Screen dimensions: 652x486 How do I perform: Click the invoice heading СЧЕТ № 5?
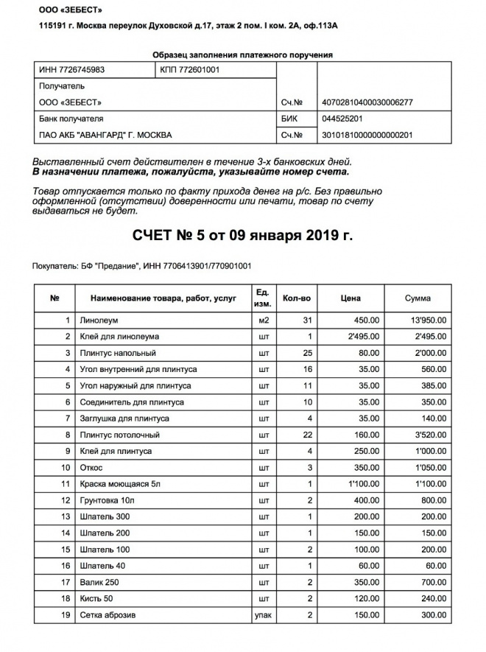point(242,236)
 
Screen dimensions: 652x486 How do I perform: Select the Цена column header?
point(351,298)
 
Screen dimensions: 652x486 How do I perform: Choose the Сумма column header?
point(418,298)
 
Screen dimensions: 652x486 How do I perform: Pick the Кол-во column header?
point(297,298)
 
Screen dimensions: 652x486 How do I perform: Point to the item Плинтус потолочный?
point(120,435)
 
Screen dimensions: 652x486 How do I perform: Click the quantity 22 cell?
point(309,435)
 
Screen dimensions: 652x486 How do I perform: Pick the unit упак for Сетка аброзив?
point(263,614)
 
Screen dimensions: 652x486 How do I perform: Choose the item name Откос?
point(93,467)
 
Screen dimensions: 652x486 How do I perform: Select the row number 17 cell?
point(64,582)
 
